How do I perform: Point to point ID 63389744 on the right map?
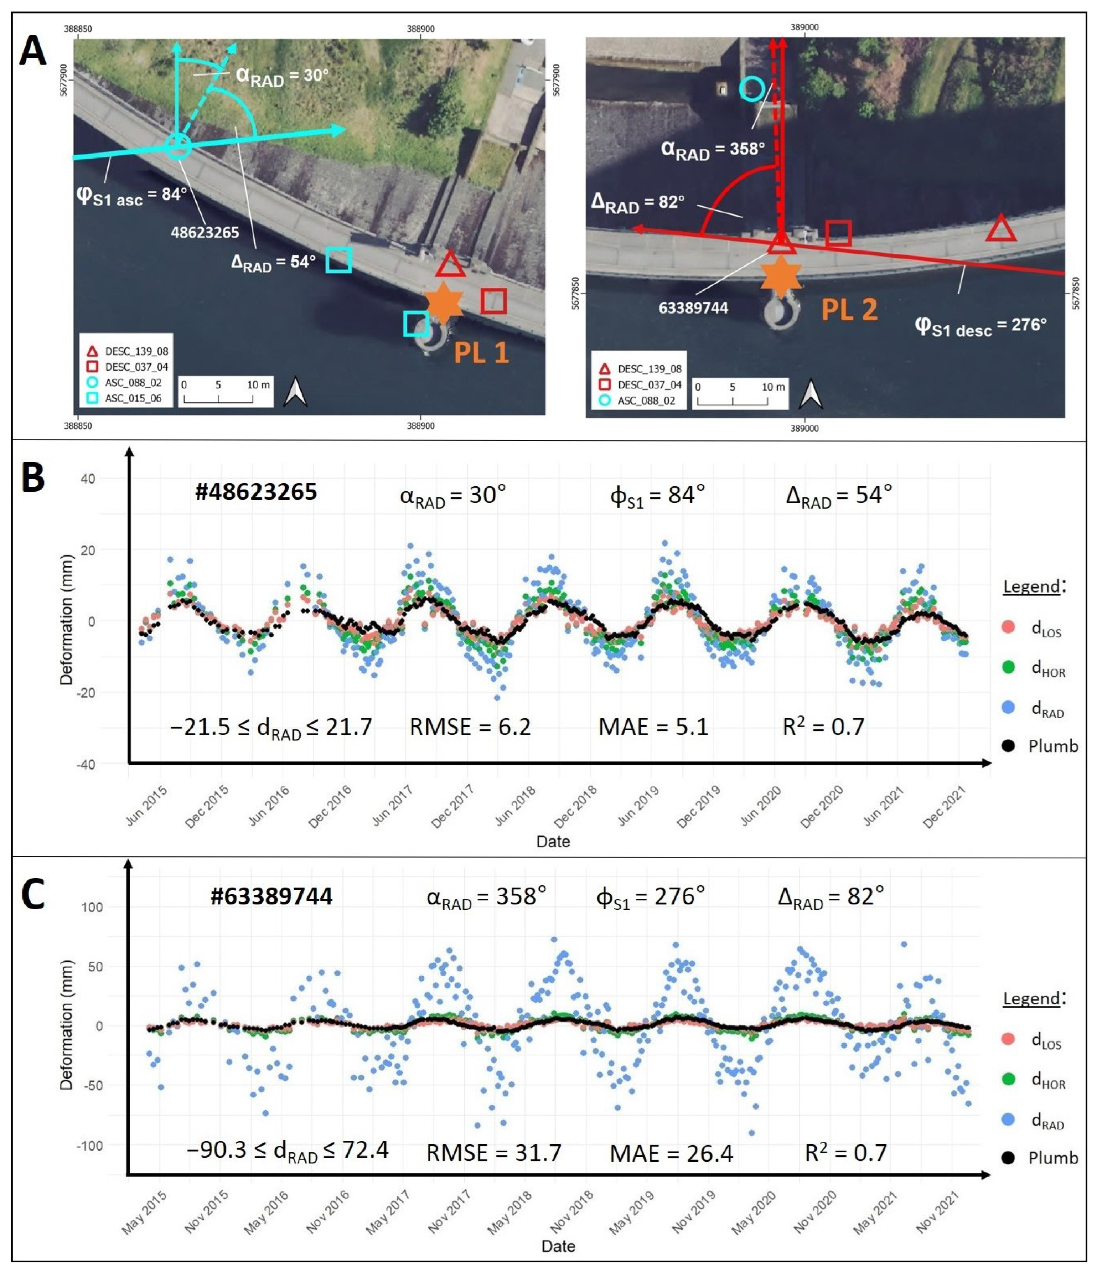pos(693,307)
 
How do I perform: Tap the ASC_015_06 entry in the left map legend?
pos(133,398)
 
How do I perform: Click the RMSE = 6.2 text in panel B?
pos(470,727)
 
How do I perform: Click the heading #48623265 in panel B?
pos(256,492)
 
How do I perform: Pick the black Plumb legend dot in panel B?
pos(1008,746)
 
